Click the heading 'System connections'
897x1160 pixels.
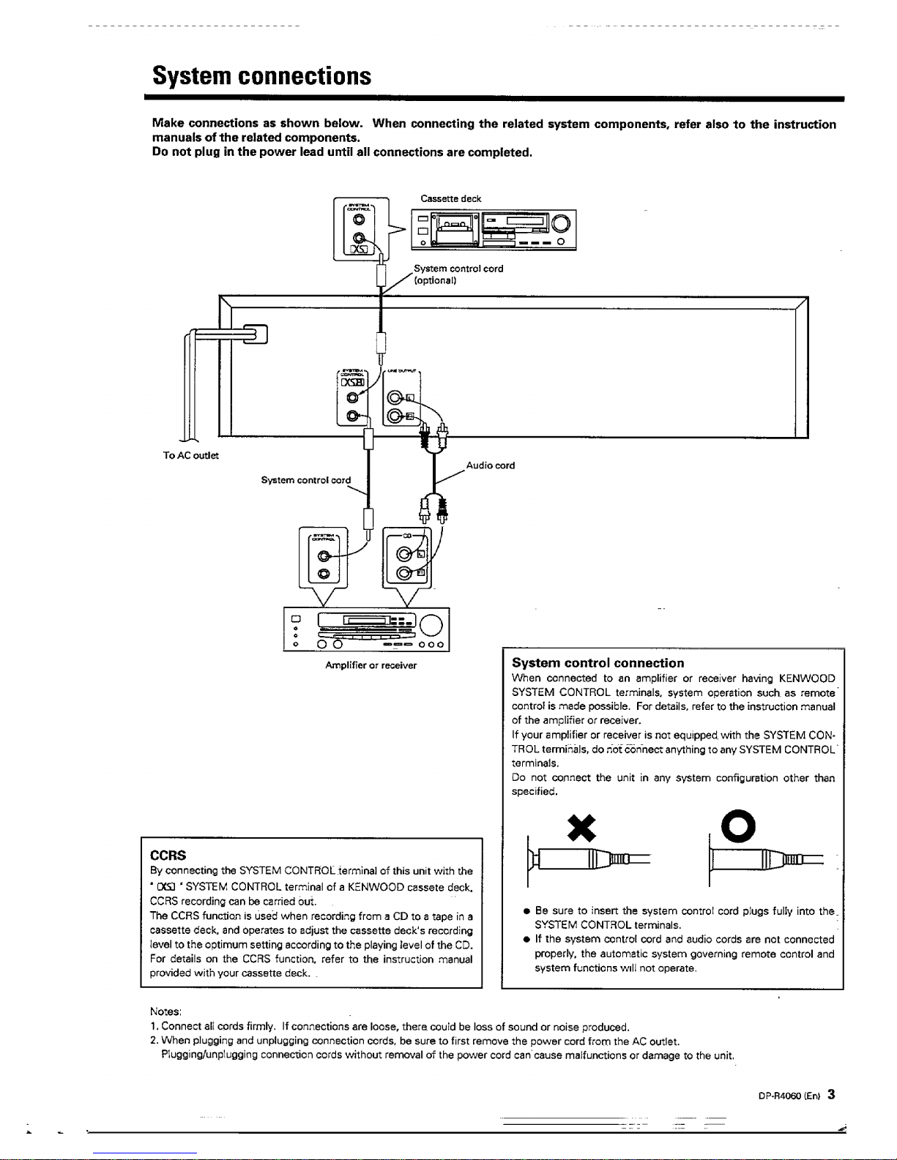[261, 75]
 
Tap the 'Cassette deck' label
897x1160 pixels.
[450, 198]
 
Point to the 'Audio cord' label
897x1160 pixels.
[490, 465]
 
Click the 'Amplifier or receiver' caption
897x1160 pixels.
[371, 665]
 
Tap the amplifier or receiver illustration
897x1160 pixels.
[365, 629]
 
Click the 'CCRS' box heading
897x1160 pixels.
[168, 855]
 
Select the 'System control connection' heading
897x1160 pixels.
[598, 663]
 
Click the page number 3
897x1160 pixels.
[831, 1096]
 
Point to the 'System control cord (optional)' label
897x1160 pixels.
[458, 274]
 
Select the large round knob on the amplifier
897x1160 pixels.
[431, 624]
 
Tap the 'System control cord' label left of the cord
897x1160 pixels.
[305, 480]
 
